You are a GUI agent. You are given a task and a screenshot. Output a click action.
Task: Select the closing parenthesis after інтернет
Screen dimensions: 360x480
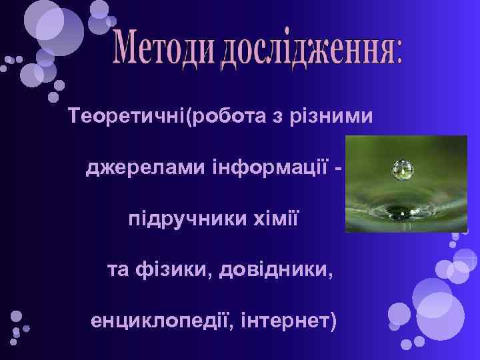click(333, 322)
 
